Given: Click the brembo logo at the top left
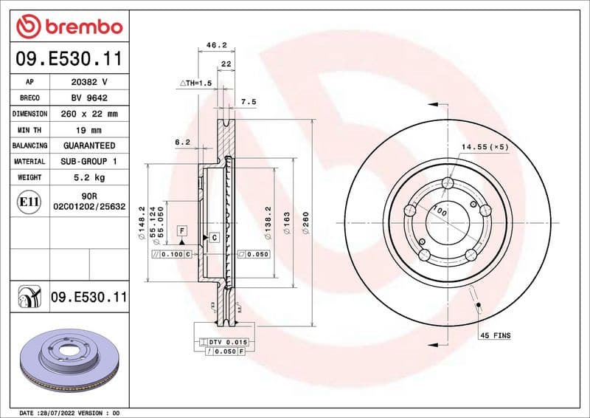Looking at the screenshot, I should click(69, 27).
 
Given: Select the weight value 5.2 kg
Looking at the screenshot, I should click(88, 178).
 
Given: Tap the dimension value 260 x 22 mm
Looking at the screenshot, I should click(88, 114).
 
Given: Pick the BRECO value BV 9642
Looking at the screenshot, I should click(88, 98).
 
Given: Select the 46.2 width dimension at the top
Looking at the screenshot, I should click(215, 45).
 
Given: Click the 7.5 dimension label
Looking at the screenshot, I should click(248, 102).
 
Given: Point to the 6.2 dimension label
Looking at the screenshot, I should click(182, 142).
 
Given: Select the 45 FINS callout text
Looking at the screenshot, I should click(496, 335).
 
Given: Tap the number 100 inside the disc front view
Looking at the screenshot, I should click(440, 211).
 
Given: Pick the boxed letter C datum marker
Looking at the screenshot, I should click(214, 237).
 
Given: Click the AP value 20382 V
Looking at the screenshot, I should click(88, 82).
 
